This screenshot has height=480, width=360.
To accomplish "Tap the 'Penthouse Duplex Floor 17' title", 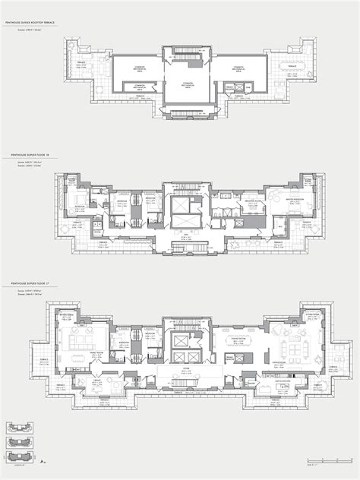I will click(x=30, y=281).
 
